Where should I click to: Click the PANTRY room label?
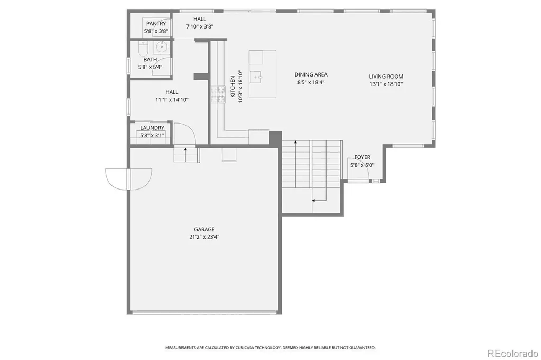click(x=156, y=23)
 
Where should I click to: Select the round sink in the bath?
click(x=161, y=46)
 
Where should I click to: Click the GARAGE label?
click(x=204, y=229)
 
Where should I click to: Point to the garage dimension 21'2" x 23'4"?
click(x=204, y=237)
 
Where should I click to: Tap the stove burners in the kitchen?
click(x=218, y=94)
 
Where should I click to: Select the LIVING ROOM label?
click(x=386, y=77)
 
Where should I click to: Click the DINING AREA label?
click(x=311, y=74)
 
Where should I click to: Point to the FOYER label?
click(x=362, y=157)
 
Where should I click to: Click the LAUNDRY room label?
click(x=152, y=128)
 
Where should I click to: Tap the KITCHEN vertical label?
click(x=232, y=87)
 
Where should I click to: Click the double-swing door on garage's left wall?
click(x=128, y=179)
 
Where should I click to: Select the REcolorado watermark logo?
click(x=512, y=354)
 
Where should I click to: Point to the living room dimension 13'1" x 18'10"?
click(x=386, y=84)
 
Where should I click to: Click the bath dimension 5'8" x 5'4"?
click(x=150, y=67)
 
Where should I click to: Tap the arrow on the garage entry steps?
click(x=185, y=155)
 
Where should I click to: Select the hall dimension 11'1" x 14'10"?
click(x=172, y=100)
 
